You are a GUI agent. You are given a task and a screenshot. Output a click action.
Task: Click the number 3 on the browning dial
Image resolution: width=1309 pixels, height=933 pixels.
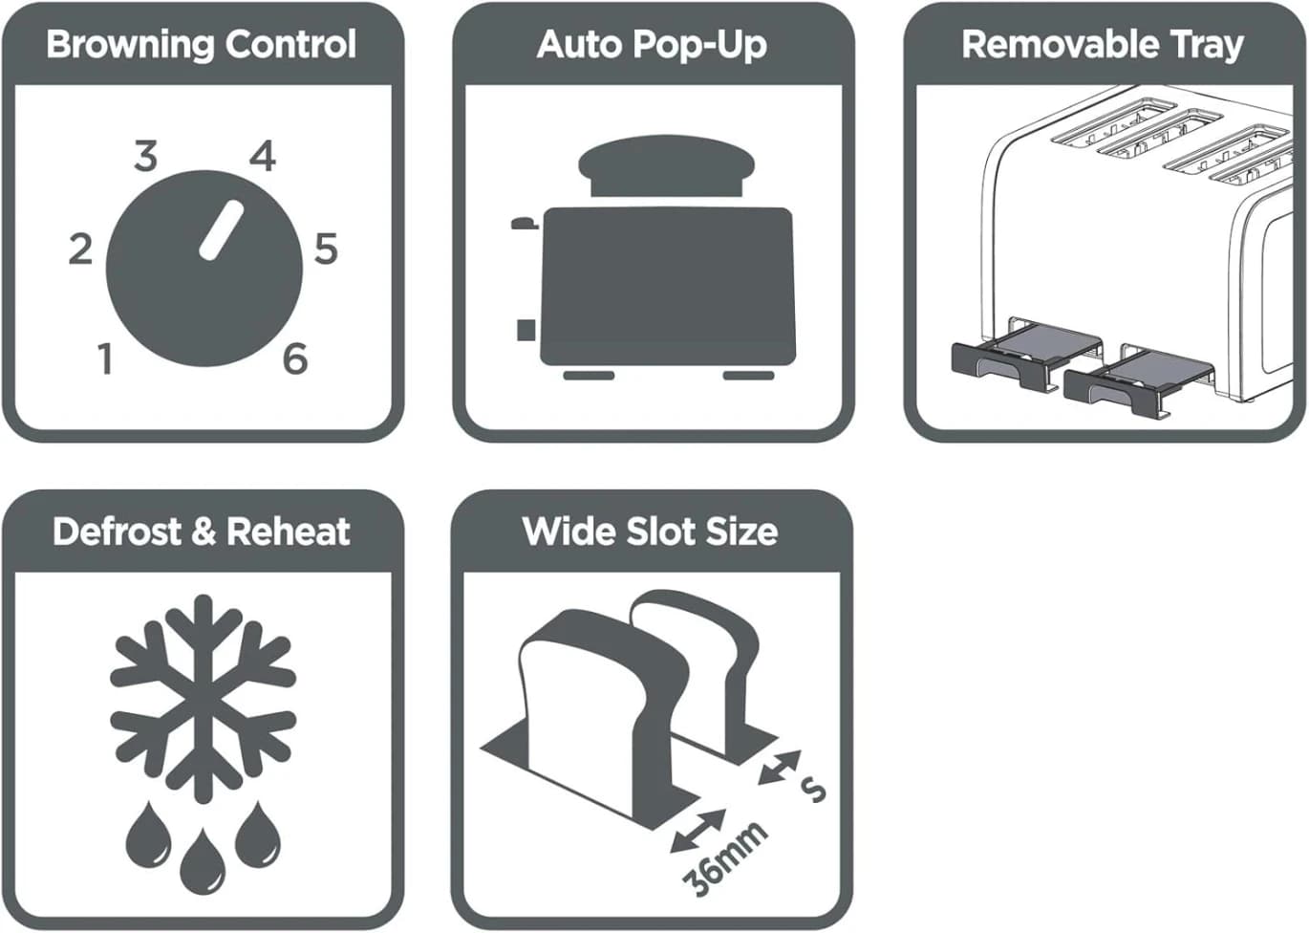[x=146, y=156]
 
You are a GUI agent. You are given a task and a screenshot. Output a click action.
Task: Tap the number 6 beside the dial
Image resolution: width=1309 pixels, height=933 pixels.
[x=295, y=358]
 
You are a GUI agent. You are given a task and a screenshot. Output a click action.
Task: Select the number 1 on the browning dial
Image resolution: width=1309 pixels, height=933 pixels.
[x=105, y=358]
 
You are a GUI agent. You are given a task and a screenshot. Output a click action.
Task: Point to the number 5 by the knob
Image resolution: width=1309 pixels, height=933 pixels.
[x=326, y=250]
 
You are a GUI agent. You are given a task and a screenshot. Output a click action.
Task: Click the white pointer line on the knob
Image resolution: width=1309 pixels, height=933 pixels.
[x=221, y=230]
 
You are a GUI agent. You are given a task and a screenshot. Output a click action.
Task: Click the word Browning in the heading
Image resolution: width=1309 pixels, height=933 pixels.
[x=131, y=46]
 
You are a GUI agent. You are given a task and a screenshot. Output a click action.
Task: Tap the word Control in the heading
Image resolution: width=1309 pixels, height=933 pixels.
[x=291, y=44]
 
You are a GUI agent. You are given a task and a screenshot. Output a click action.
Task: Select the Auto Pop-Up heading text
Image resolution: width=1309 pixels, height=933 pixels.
[x=652, y=46]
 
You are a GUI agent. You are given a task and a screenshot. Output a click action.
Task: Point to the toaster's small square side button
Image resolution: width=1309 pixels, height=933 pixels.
[x=526, y=330]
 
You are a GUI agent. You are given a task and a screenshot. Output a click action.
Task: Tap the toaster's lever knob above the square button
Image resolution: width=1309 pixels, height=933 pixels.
[x=525, y=223]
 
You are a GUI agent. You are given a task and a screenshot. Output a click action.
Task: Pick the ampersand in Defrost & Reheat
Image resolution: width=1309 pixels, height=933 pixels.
[x=204, y=532]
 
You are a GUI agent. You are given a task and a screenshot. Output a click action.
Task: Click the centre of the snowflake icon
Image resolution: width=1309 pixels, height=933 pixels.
[x=203, y=699]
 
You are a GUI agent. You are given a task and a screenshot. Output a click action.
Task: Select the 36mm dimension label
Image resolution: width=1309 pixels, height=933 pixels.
[x=724, y=858]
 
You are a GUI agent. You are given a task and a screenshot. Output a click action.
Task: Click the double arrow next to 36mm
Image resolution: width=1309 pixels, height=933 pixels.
[x=697, y=830]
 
